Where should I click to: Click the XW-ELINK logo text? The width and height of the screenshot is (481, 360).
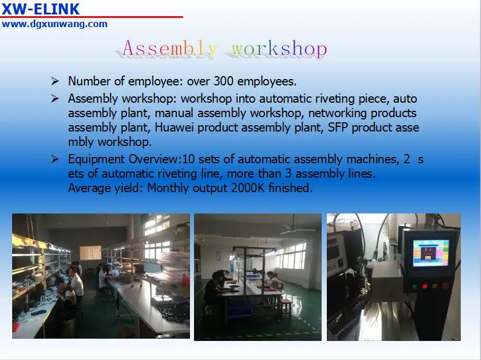point(40,9)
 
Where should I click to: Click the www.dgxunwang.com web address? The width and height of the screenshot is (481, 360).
point(54,24)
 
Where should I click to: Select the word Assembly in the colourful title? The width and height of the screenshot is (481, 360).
point(170,48)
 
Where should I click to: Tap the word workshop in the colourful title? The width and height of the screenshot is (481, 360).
point(279,48)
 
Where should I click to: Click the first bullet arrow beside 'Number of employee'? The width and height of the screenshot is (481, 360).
point(55,81)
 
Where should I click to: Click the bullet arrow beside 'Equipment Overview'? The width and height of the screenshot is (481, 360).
point(55,159)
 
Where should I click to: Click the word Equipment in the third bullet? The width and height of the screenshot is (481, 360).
point(95,159)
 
